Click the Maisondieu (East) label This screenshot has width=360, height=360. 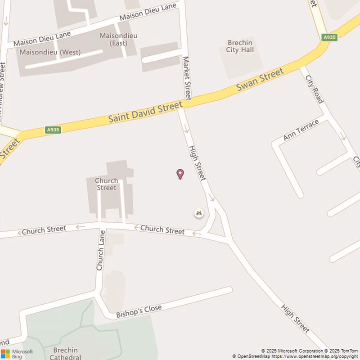coord(118,39)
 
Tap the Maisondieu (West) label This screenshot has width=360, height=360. coord(50,52)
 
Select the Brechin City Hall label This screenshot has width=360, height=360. coord(240,46)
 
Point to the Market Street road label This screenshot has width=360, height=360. coord(187,78)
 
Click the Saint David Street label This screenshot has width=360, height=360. coord(145,112)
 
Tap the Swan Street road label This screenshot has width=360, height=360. coord(261,79)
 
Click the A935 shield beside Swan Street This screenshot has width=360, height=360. coord(329,38)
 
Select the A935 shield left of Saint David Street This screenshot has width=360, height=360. coord(53,130)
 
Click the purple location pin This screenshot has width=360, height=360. coord(180,174)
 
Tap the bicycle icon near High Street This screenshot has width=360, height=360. coord(199,213)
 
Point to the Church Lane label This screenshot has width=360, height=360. coord(100,250)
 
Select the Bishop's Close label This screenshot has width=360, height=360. coord(139,310)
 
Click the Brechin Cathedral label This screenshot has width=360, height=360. coord(66,354)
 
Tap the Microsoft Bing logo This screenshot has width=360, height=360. coord(17,354)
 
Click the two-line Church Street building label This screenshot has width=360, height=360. coord(107,184)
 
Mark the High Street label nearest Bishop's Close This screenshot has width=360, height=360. coord(296,319)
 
